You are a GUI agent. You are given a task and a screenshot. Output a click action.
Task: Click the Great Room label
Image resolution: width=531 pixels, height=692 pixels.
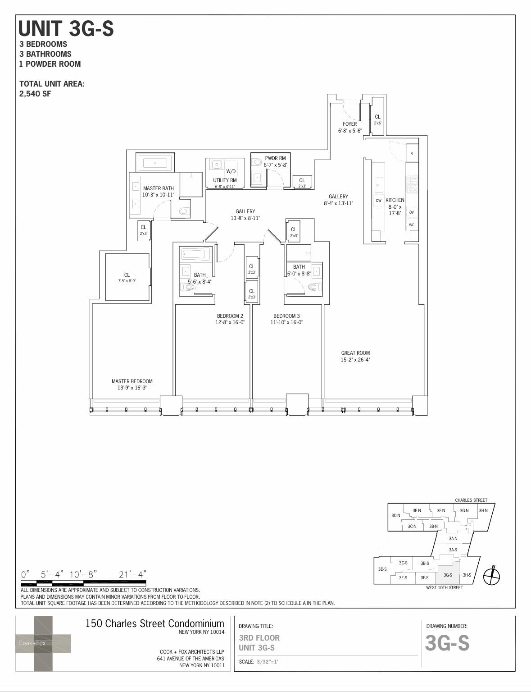click(x=355, y=353)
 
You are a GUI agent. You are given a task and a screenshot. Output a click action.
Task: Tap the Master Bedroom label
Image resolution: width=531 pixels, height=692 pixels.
click(x=132, y=381)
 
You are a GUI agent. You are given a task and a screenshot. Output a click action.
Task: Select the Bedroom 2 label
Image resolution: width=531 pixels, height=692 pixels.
click(x=230, y=316)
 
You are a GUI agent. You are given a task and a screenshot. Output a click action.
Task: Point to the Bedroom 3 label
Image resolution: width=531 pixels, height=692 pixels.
click(x=286, y=316)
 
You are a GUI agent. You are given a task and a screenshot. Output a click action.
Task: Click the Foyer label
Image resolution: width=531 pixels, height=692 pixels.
click(x=349, y=124)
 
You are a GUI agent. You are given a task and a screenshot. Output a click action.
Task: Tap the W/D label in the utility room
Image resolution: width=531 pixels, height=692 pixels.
click(x=231, y=171)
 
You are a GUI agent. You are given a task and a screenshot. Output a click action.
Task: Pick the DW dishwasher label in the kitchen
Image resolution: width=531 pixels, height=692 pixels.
click(x=378, y=201)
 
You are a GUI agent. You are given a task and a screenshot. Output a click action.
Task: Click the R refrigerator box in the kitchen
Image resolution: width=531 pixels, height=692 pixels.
click(x=412, y=154)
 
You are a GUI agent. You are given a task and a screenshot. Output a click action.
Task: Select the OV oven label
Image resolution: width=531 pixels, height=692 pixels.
click(x=412, y=212)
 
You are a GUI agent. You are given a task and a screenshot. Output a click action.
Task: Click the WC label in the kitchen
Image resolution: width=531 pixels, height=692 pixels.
click(x=412, y=225)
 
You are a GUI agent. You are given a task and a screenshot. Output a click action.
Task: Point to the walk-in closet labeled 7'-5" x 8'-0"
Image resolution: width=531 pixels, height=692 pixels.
click(x=127, y=277)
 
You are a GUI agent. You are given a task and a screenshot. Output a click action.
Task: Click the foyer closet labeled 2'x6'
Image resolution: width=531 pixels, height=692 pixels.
click(x=377, y=119)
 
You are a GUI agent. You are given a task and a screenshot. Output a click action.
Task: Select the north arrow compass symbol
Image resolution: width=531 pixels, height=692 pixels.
click(x=492, y=575)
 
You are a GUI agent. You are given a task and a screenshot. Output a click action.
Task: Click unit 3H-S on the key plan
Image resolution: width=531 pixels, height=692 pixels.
click(x=467, y=575)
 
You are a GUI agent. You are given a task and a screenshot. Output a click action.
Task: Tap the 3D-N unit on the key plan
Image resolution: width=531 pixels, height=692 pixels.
click(x=395, y=516)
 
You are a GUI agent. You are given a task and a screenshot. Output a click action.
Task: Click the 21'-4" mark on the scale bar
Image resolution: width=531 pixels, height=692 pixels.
click(x=133, y=574)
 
